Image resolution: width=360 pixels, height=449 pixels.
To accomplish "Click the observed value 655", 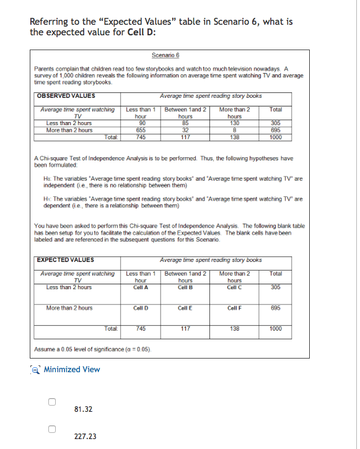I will (140, 129).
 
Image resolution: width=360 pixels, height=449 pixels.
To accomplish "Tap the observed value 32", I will (185, 129).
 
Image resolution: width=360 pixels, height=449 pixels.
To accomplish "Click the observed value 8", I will (234, 129).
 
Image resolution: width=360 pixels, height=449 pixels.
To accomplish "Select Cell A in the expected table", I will (140, 287).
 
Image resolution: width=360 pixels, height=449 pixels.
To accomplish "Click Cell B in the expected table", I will (185, 287).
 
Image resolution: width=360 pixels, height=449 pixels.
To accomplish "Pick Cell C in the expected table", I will (234, 287).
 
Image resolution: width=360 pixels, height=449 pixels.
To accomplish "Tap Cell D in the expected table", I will (140, 308).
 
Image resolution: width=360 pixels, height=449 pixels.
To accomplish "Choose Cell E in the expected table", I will (185, 308).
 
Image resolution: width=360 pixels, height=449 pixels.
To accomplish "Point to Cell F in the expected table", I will (234, 308).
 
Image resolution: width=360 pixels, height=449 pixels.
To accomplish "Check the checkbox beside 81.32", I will (53, 403).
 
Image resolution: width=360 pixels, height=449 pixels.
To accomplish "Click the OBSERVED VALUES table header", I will (66, 95).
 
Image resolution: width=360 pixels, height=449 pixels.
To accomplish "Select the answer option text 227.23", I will (84, 436).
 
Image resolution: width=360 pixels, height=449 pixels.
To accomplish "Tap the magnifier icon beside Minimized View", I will (37, 369).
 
